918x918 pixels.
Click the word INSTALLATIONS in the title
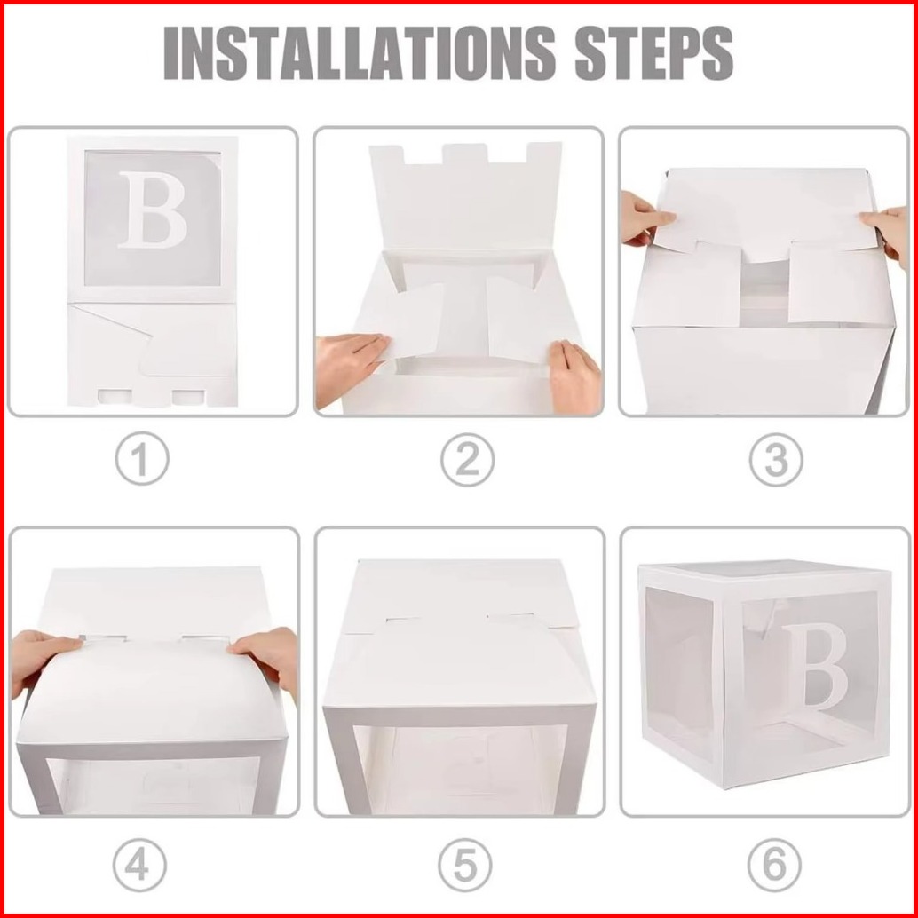(x=359, y=52)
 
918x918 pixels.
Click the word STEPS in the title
(x=654, y=52)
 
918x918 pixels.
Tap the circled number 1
(x=142, y=458)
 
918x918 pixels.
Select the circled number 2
(x=467, y=460)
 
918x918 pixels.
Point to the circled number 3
(x=776, y=460)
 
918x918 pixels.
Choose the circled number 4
(x=139, y=866)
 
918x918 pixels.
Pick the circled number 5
(x=465, y=866)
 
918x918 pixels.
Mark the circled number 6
(x=774, y=866)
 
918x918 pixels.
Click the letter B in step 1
(x=152, y=210)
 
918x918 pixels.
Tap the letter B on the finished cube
(x=817, y=667)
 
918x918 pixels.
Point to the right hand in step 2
(x=574, y=376)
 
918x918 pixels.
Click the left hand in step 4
(x=41, y=659)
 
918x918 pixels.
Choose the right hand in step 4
(x=266, y=659)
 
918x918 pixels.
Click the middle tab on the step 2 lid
(x=465, y=154)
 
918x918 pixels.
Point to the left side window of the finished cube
(x=679, y=673)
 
